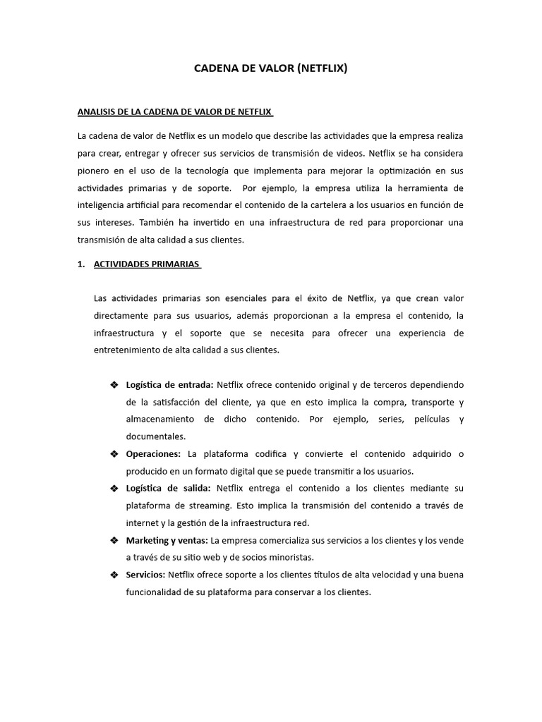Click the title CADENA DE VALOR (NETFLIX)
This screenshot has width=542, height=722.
click(271, 69)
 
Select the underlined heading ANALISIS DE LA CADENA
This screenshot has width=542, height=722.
click(174, 112)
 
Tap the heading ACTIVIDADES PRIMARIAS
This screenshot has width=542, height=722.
click(147, 264)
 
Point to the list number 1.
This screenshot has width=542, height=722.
click(80, 264)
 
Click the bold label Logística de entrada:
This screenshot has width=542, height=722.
click(169, 385)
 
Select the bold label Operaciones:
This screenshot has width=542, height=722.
click(153, 453)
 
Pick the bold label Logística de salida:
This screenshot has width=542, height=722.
click(169, 488)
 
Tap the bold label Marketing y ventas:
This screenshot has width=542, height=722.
click(167, 540)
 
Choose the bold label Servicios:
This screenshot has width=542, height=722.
click(145, 575)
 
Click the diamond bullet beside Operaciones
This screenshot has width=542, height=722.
click(114, 453)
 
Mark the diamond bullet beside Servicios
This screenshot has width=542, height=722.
click(114, 575)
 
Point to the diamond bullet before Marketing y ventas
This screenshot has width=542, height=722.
click(114, 540)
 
